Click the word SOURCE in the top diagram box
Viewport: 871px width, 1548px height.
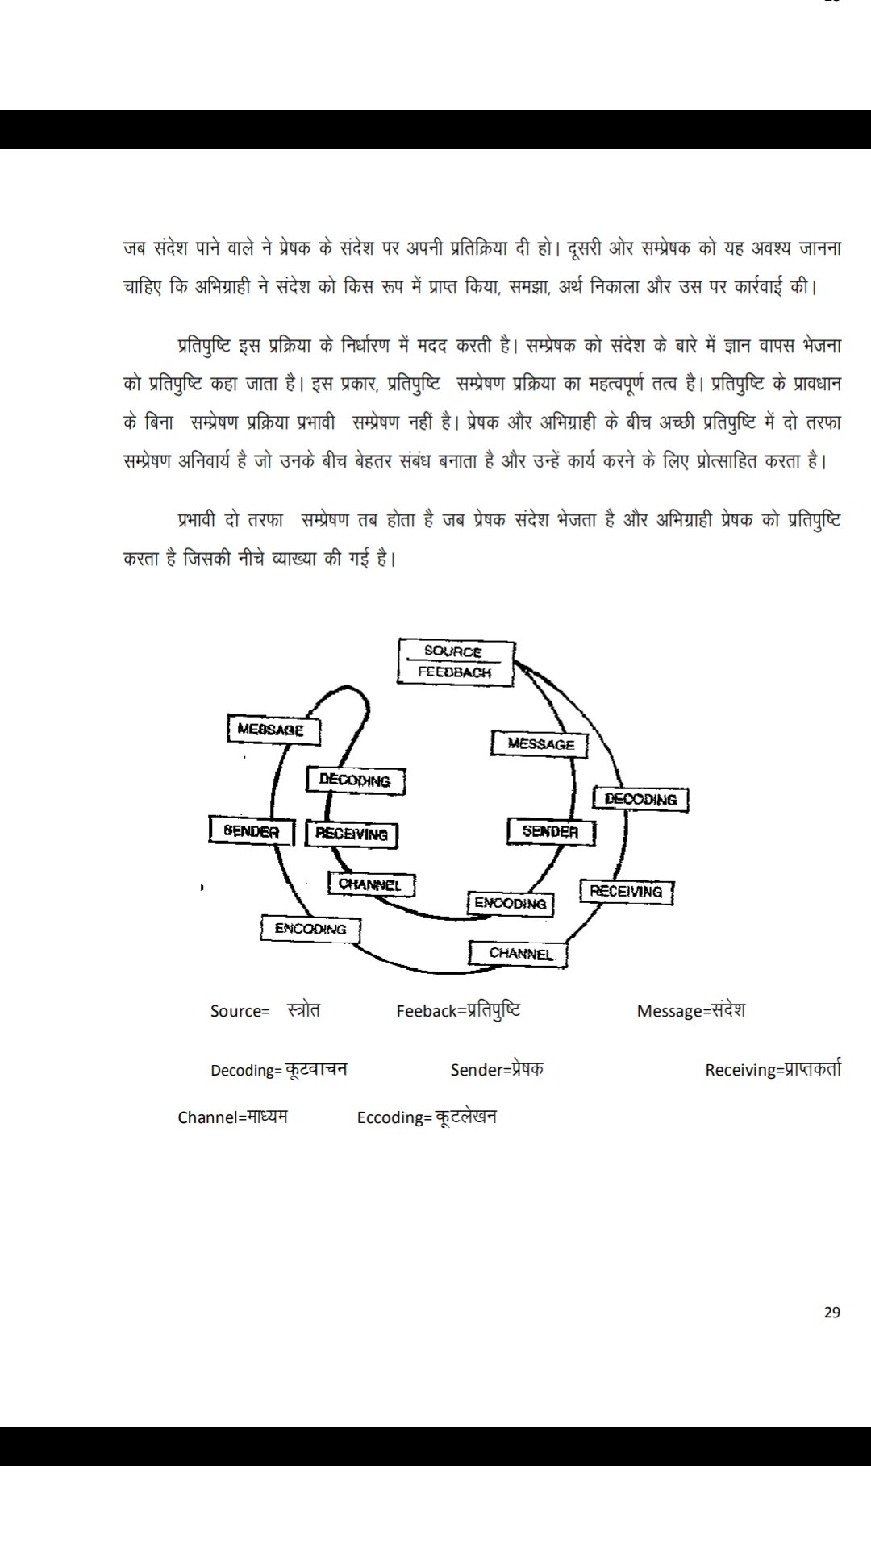pos(453,651)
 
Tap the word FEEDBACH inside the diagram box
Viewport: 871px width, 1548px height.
pos(454,672)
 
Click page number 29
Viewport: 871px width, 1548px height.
pos(832,1312)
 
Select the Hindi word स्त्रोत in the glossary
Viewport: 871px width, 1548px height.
pos(303,1009)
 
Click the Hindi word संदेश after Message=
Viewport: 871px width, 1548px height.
pos(723,1009)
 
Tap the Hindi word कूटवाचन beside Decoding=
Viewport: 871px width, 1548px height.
pos(316,1069)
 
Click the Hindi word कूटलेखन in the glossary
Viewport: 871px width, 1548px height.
pos(466,1117)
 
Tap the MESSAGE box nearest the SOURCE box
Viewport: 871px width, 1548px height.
pos(540,744)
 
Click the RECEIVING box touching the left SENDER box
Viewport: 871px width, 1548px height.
pos(352,834)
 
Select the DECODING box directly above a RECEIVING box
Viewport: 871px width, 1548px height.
pos(356,780)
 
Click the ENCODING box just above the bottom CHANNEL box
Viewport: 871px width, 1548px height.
pos(511,903)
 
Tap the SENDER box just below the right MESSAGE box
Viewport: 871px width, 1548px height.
pos(551,831)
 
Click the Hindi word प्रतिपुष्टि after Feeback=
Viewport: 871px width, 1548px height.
pos(494,1009)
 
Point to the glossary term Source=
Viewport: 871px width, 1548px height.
pos(240,1011)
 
